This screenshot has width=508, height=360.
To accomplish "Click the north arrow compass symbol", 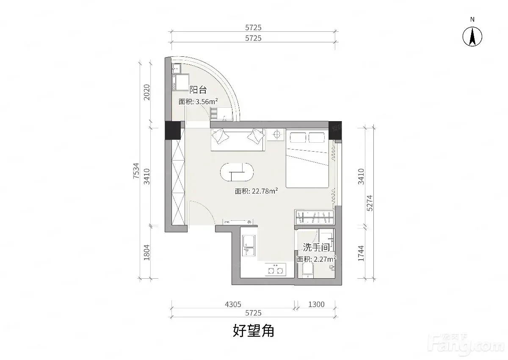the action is [x=472, y=36].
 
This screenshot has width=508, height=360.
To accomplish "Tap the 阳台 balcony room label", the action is [x=198, y=90].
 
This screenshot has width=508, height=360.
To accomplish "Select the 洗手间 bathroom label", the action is [x=316, y=247].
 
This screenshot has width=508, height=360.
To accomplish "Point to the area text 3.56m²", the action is [x=207, y=101].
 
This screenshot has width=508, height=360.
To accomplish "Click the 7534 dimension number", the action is [x=136, y=171].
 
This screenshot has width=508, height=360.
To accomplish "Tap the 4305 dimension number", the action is [x=233, y=304].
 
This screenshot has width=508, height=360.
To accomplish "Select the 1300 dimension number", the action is [x=316, y=304].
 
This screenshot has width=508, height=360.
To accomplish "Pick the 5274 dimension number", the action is [x=370, y=203].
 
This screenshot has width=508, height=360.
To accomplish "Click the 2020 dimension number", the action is [x=147, y=92].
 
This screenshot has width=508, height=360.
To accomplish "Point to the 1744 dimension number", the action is [x=361, y=253].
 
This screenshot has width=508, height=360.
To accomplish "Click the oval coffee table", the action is [x=237, y=172].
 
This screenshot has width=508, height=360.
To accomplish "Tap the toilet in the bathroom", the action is [x=308, y=270].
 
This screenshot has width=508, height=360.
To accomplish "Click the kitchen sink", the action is [x=249, y=245].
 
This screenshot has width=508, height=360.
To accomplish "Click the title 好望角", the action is [x=254, y=330].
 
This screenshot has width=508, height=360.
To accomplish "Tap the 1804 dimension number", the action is [x=147, y=252].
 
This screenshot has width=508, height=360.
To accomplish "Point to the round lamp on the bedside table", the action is [x=277, y=134].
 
